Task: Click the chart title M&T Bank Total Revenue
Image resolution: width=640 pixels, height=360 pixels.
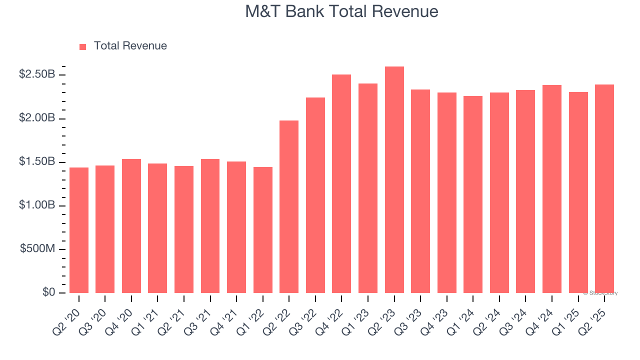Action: pos(341,11)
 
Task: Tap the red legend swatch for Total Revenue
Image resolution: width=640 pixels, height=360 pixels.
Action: pos(83,46)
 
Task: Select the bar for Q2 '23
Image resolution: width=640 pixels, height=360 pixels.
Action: pos(394,179)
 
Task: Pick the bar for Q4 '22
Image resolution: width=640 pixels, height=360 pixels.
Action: pos(341,183)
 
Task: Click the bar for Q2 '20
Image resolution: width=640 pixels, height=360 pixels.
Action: pos(79,230)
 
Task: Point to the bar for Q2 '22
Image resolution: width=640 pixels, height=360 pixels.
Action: pos(289,206)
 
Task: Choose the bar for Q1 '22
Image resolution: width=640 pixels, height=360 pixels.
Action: pos(263,229)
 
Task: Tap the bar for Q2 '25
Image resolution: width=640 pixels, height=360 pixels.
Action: pos(604,188)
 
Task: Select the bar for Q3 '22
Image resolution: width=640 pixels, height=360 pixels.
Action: pos(315,195)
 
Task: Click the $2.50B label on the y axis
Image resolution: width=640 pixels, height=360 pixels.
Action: pos(37,74)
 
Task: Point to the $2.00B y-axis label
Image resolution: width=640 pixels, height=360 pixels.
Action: pos(37,118)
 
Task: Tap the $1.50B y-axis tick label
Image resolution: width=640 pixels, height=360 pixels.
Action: pos(37,162)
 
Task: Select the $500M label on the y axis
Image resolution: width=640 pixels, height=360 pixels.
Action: pos(38,249)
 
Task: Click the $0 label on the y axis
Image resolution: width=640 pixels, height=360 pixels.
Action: pos(48,292)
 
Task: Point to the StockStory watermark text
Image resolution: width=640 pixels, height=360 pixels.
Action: pos(600,293)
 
